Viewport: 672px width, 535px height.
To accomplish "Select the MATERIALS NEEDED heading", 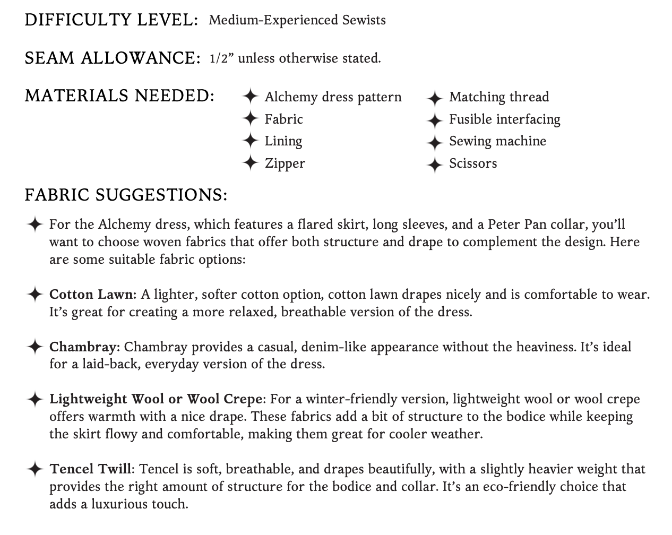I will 119,96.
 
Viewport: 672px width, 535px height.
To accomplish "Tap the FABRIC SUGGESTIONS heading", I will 126,195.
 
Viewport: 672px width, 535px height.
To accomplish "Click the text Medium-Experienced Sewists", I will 297,20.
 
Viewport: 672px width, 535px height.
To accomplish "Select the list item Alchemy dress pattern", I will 333,97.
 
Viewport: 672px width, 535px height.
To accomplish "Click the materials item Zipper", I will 285,163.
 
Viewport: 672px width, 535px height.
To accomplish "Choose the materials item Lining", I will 283,141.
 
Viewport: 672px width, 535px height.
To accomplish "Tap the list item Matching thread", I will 499,97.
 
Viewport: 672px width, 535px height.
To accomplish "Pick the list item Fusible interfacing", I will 504,119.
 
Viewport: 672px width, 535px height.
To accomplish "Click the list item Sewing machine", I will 497,141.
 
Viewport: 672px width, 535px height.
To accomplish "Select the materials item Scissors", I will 473,163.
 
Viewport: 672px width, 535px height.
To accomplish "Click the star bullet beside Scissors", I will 434,164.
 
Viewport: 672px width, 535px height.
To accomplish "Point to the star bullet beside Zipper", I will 250,163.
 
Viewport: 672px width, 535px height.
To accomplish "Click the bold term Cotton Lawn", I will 93,295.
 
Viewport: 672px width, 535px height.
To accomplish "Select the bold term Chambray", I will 84,347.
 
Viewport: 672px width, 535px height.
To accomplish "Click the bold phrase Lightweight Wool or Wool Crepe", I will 156,399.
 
